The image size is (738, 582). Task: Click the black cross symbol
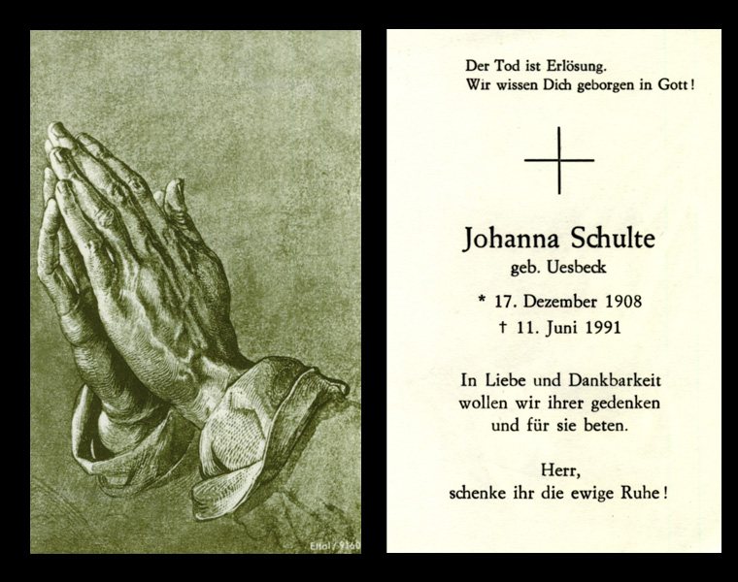pyautogui.click(x=558, y=159)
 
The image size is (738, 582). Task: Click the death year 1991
pyautogui.click(x=600, y=327)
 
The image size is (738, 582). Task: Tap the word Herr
pyautogui.click(x=558, y=470)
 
